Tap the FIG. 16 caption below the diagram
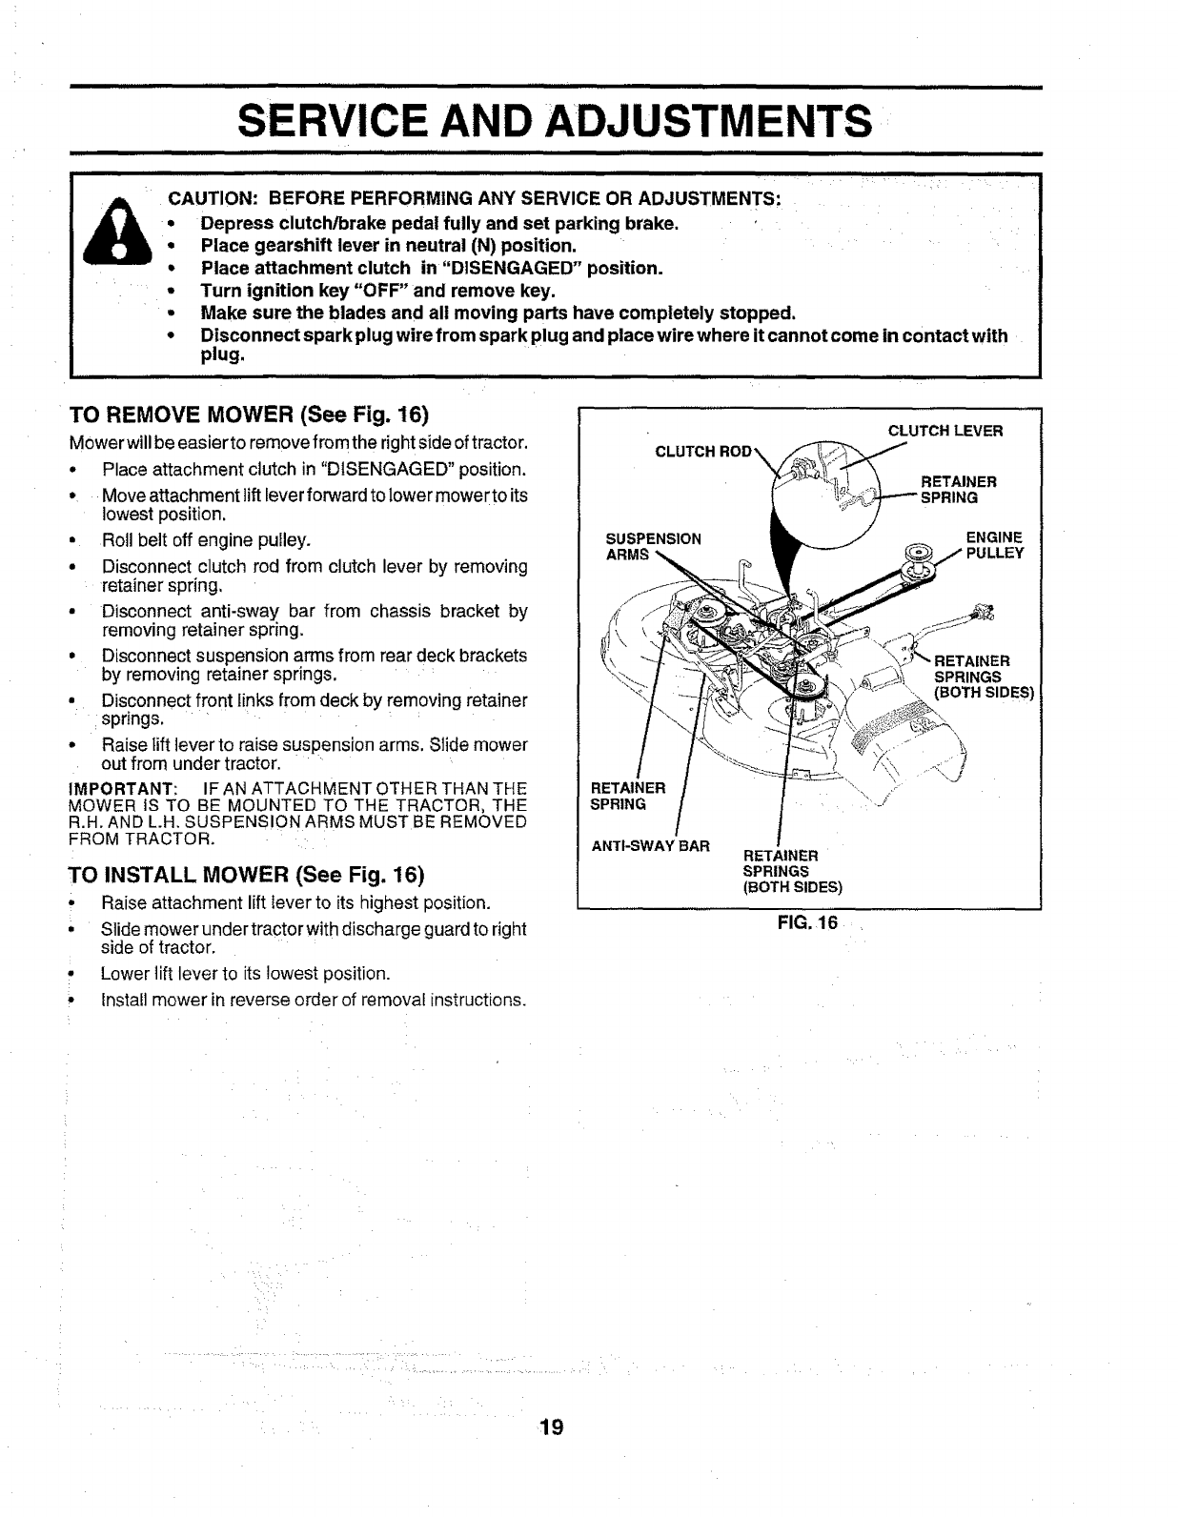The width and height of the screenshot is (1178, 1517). pyautogui.click(x=806, y=922)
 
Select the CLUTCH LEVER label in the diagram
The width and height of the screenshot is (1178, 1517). pyautogui.click(x=945, y=431)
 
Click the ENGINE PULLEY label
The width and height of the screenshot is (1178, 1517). pyautogui.click(x=994, y=545)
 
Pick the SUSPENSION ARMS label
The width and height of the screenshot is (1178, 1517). pyautogui.click(x=654, y=546)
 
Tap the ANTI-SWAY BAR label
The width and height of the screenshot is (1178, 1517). pyautogui.click(x=651, y=845)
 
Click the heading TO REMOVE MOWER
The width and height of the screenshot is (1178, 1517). pyautogui.click(x=251, y=415)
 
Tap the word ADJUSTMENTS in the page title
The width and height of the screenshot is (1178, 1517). pyautogui.click(x=713, y=122)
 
